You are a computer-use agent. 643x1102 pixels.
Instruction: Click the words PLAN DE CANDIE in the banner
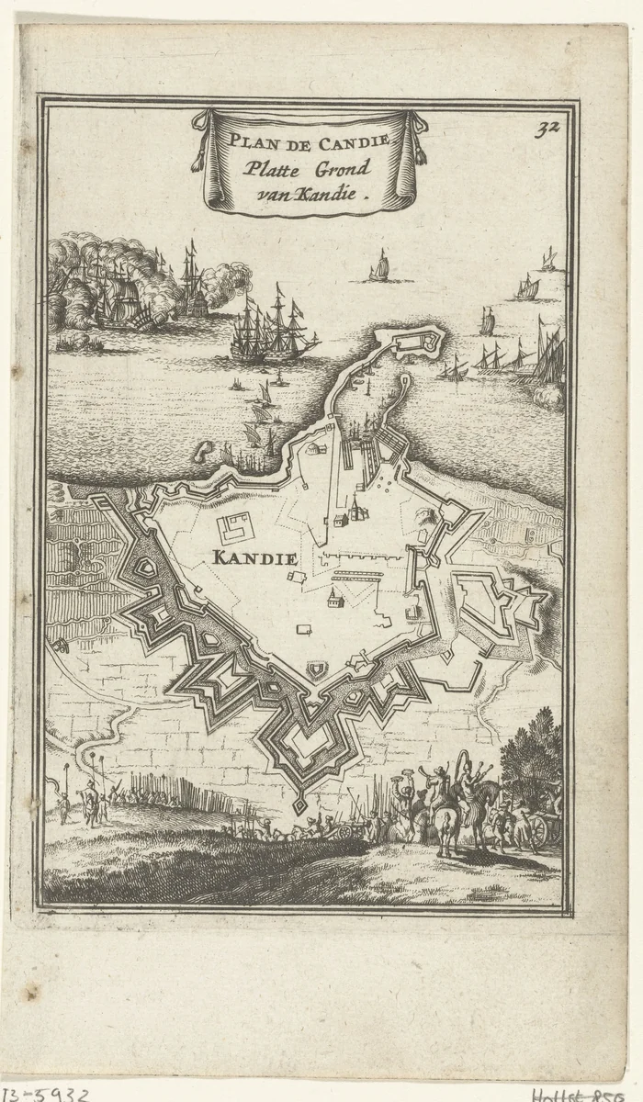point(310,141)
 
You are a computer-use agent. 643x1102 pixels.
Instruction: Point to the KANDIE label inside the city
point(253,557)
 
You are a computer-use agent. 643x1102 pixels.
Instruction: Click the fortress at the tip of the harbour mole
point(420,345)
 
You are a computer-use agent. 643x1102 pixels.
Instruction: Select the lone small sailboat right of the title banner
point(378,267)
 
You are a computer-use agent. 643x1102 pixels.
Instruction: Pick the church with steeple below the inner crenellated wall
point(336,600)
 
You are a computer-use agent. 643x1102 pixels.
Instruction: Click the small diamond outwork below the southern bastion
point(299,804)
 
